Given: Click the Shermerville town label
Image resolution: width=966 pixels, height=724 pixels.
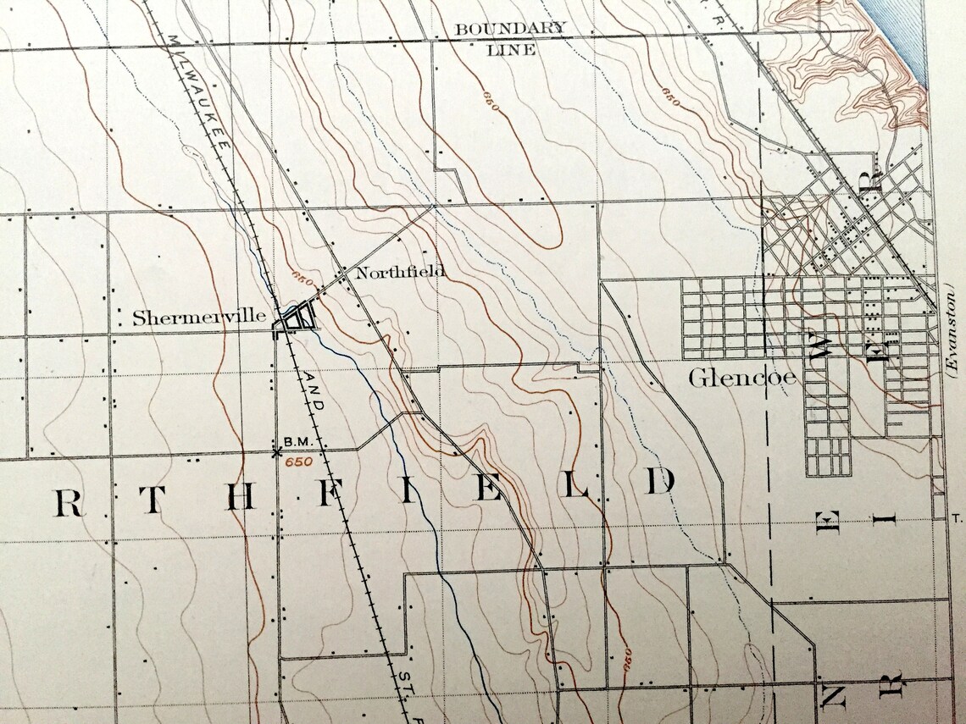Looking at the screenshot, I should pos(199,319).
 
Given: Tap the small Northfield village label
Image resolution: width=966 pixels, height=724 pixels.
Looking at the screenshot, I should pos(399,273).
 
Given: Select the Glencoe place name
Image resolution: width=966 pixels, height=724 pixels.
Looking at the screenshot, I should pos(741,378).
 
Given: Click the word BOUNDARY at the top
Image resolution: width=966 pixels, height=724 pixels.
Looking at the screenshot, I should pos(510,29).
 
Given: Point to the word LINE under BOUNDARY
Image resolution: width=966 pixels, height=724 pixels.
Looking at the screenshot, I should pos(511,50).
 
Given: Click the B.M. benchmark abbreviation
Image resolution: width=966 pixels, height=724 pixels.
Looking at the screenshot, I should pos(299,442).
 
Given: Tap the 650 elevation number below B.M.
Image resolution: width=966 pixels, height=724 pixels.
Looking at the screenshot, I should pos(298,462).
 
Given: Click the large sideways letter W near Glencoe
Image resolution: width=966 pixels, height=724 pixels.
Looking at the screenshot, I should pos(819,346).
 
